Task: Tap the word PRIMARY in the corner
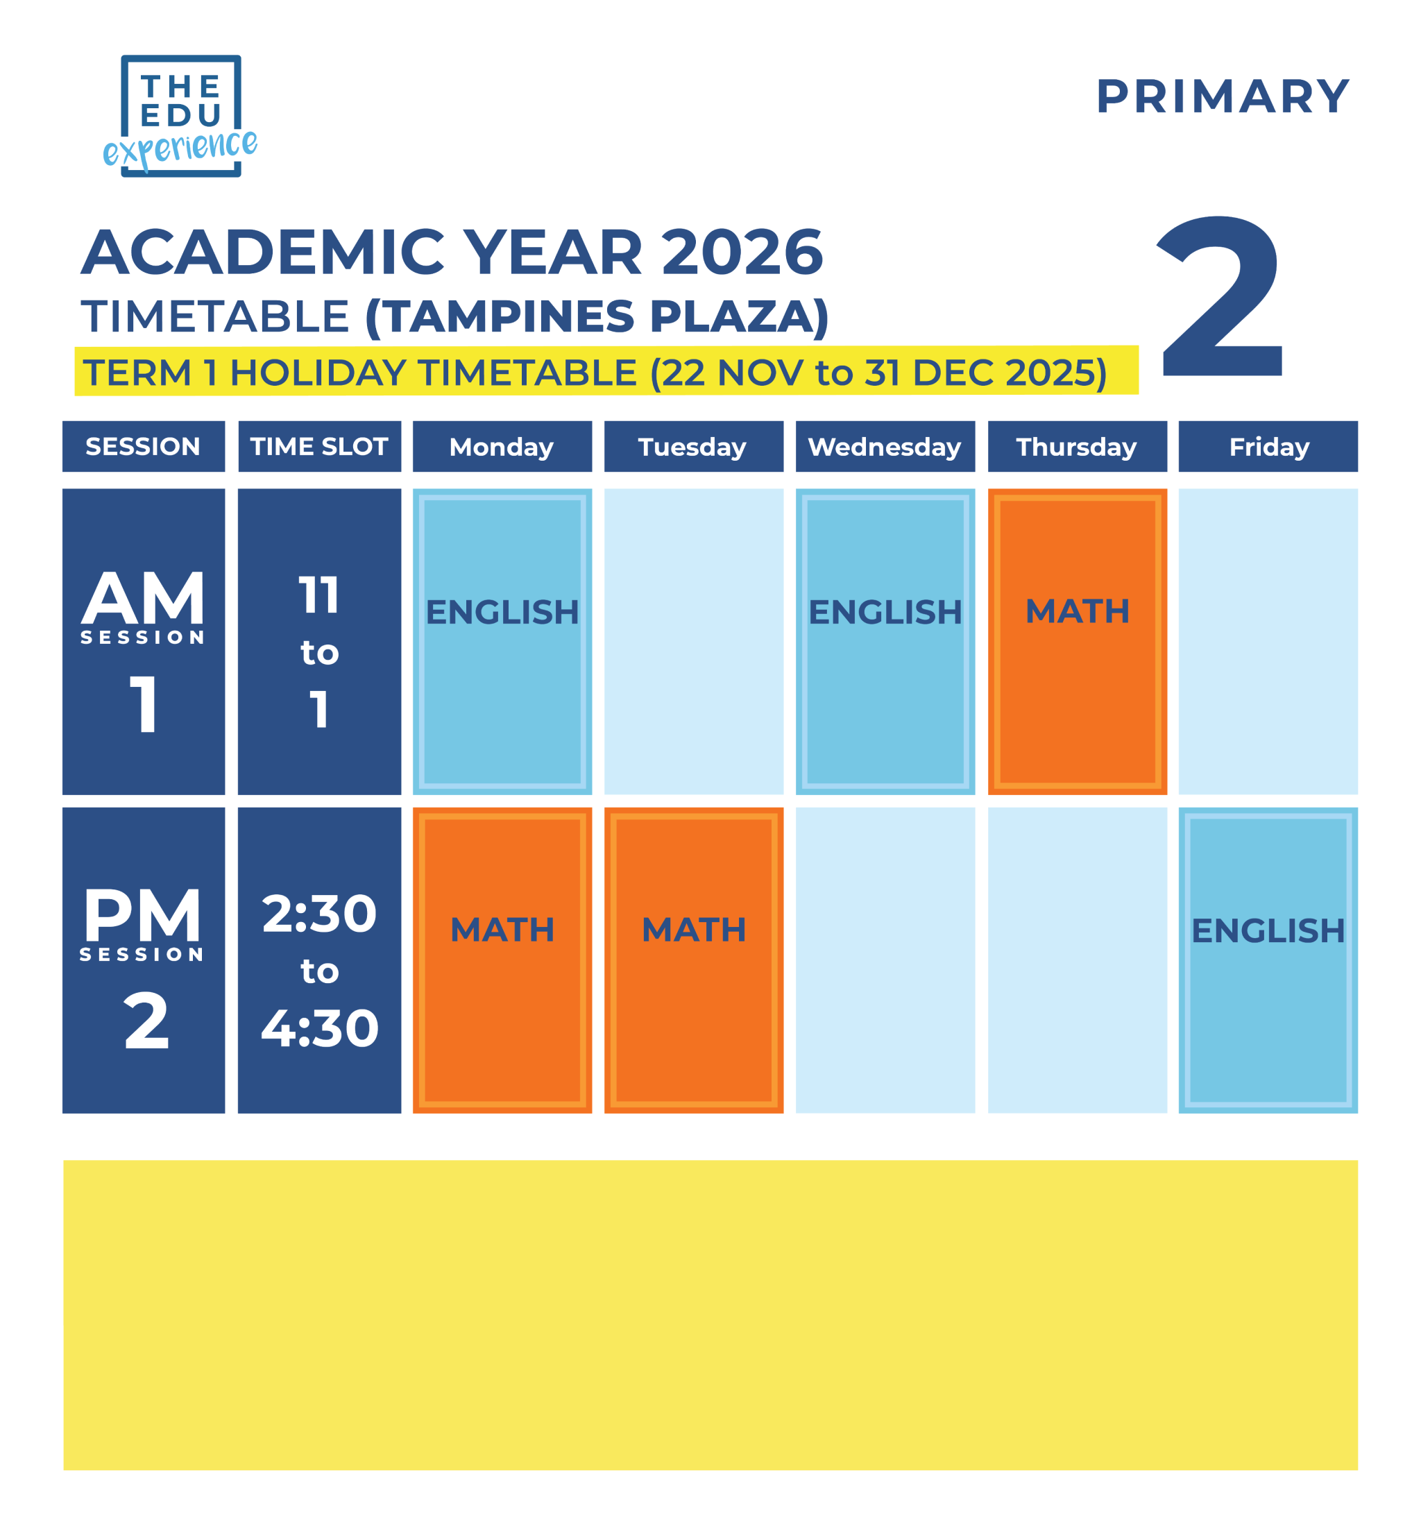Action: pyautogui.click(x=1222, y=97)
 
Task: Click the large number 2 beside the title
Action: pyautogui.click(x=1220, y=298)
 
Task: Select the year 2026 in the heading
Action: pyautogui.click(x=741, y=253)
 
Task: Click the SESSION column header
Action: pyautogui.click(x=143, y=447)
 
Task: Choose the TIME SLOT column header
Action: pyautogui.click(x=319, y=447)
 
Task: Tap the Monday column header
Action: pyautogui.click(x=502, y=447)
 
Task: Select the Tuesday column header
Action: pyautogui.click(x=694, y=447)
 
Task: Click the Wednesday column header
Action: pyautogui.click(x=885, y=447)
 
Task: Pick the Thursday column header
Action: pyautogui.click(x=1077, y=447)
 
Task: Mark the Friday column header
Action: pyautogui.click(x=1268, y=447)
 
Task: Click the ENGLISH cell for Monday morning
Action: pyautogui.click(x=502, y=641)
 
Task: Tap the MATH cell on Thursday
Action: pyautogui.click(x=1077, y=641)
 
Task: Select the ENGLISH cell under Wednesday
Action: pyautogui.click(x=885, y=641)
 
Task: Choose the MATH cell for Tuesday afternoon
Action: pyautogui.click(x=694, y=960)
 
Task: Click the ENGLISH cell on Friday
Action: pyautogui.click(x=1268, y=960)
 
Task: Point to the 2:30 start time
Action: pyautogui.click(x=319, y=914)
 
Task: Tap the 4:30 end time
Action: pyautogui.click(x=319, y=1028)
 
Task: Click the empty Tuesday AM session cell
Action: pyautogui.click(x=694, y=641)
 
